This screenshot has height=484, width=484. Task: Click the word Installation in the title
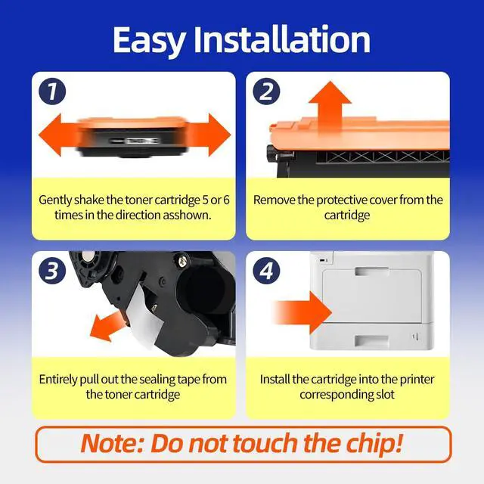[282, 39]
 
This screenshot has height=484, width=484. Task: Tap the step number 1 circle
[52, 92]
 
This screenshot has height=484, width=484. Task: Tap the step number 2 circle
[266, 92]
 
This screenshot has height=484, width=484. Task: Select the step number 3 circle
[52, 271]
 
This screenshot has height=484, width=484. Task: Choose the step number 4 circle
[266, 271]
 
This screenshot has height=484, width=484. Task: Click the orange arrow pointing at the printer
[302, 312]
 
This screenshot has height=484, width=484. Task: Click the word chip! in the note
[374, 444]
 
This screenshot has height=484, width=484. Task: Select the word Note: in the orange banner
[112, 443]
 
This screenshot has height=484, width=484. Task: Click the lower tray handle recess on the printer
[371, 340]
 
